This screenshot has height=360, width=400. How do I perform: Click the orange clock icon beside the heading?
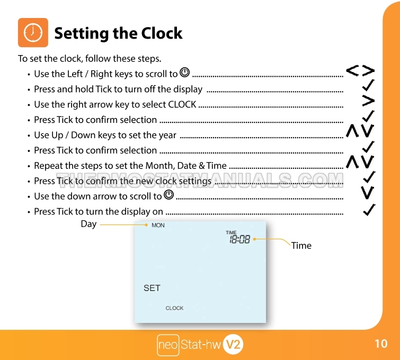(x=33, y=33)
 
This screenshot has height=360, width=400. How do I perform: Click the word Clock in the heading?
(x=162, y=33)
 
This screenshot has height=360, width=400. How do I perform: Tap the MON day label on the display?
(x=158, y=226)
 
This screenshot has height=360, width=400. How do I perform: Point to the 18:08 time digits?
(x=240, y=239)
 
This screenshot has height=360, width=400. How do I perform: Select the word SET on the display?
(x=152, y=288)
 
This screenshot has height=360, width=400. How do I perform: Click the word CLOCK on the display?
(x=174, y=308)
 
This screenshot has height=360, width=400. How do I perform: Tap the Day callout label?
(x=88, y=224)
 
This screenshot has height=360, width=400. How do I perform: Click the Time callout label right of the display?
(x=301, y=246)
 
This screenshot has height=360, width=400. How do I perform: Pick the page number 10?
(x=381, y=344)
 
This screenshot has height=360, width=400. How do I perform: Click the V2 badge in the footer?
(x=233, y=345)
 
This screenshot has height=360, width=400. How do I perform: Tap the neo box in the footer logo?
(x=168, y=345)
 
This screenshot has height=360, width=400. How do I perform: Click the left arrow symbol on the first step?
(x=352, y=70)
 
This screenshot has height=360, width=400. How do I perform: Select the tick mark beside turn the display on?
(x=369, y=210)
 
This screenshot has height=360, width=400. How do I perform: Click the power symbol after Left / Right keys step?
(x=185, y=73)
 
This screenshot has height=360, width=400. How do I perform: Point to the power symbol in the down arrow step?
(x=169, y=195)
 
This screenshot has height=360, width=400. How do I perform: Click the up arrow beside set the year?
(x=352, y=131)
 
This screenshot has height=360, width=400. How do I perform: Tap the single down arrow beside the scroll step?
(x=368, y=193)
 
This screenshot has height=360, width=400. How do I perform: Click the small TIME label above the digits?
(x=231, y=232)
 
